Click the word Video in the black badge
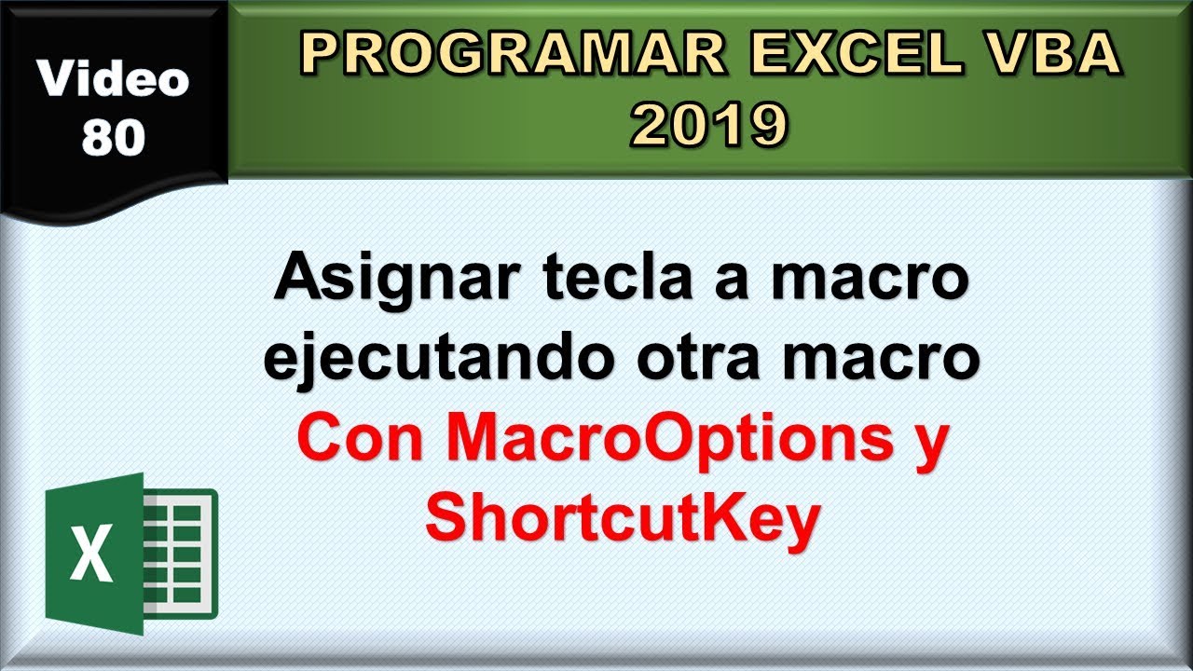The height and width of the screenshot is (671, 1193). click(114, 81)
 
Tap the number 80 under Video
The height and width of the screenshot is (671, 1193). click(114, 137)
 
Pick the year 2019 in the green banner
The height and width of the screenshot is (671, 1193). click(709, 126)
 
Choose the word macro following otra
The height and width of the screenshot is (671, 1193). click(885, 359)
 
